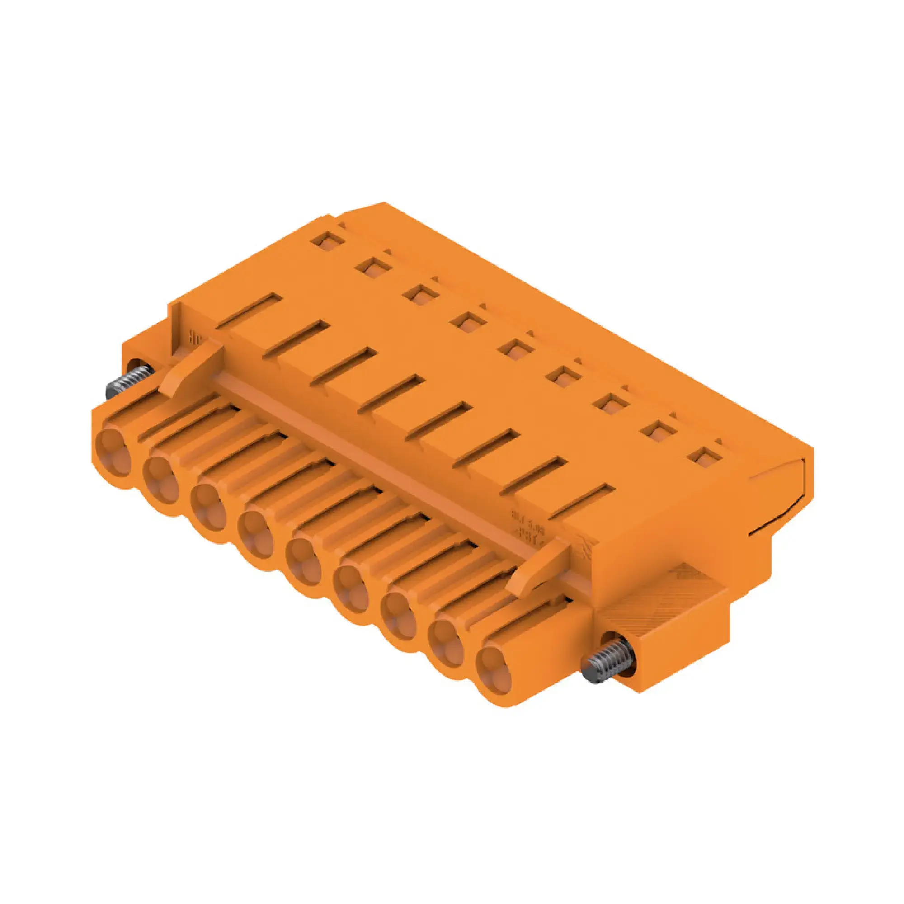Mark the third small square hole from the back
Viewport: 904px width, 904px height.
[421, 295]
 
